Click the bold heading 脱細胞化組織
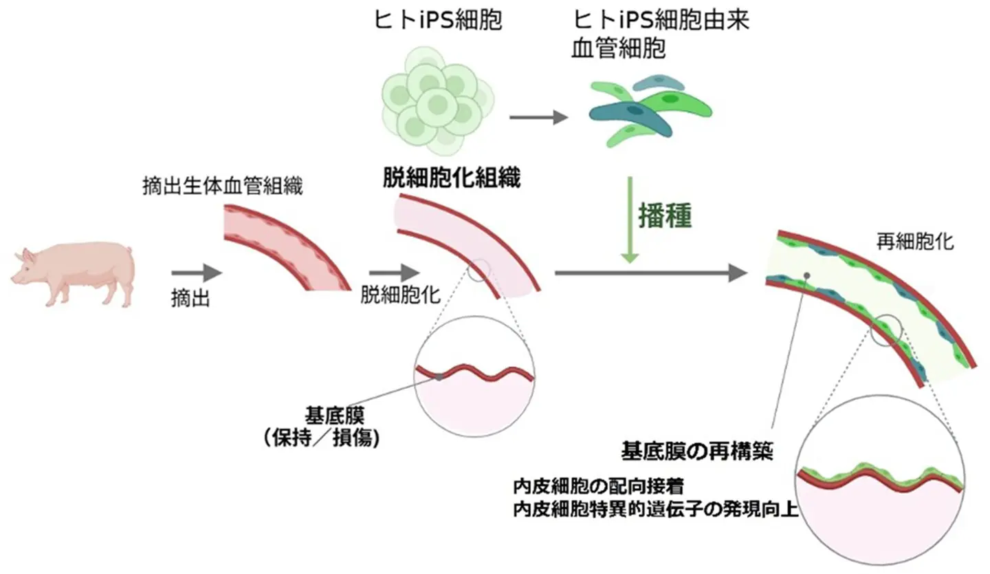pos(451,179)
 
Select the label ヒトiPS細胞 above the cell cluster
pos(438,21)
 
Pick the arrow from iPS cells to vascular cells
pos(538,118)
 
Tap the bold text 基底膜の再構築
pos(698,452)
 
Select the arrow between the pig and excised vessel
pos(196,273)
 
